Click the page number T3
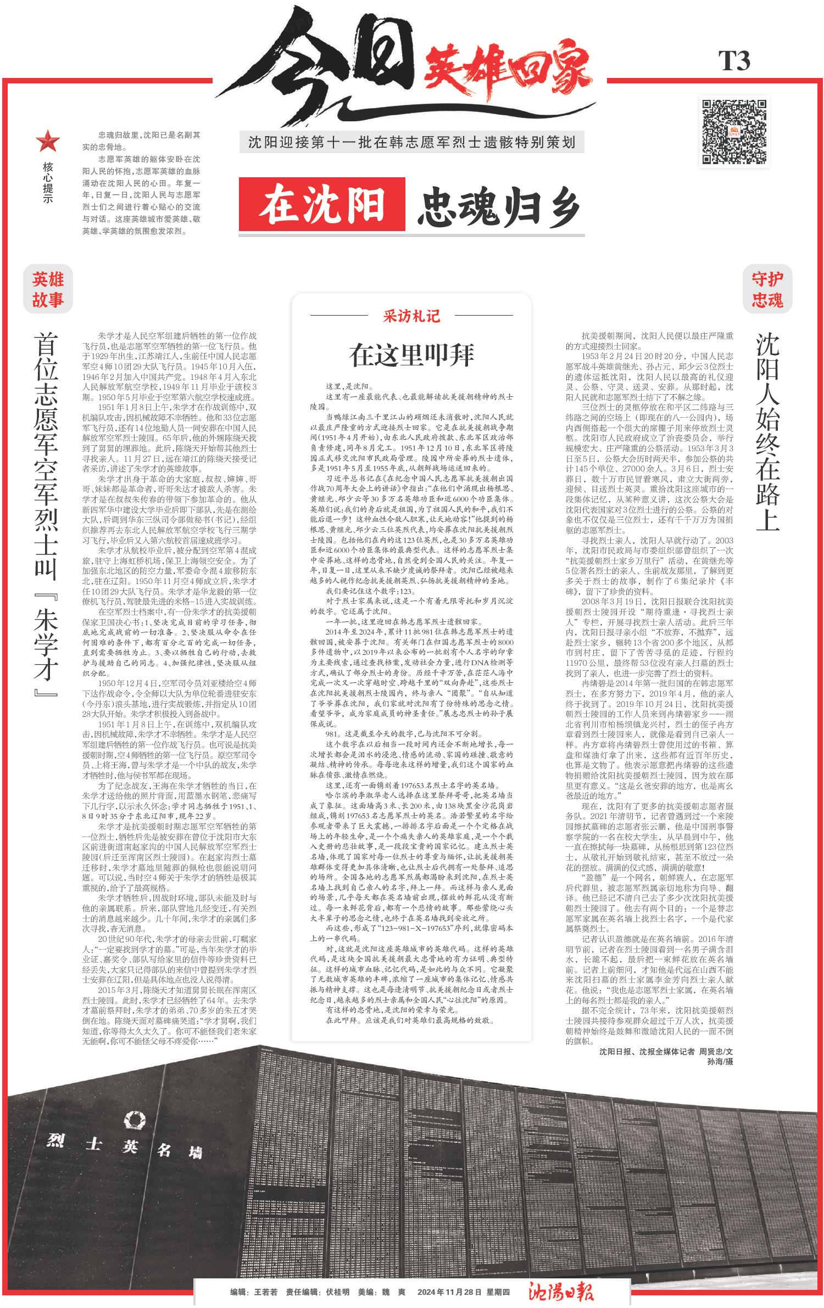coord(734,61)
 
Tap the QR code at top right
coord(734,131)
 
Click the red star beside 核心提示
coord(48,142)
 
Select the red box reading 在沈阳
coord(322,204)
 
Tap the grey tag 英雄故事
coord(48,290)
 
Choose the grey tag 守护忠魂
coord(767,290)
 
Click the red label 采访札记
coord(411,316)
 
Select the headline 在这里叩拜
coord(411,355)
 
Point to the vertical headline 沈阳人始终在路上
coord(767,434)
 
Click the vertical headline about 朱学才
coord(47,513)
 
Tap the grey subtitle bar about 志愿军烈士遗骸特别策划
coord(411,143)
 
